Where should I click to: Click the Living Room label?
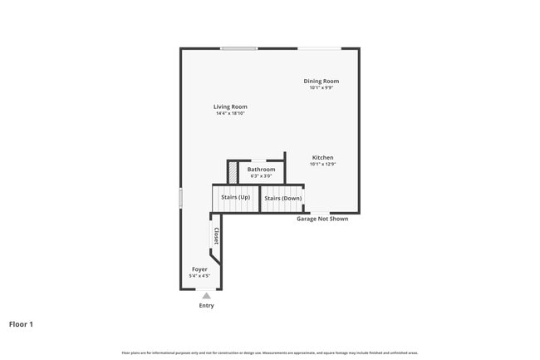(230, 106)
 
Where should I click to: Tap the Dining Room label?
(321, 81)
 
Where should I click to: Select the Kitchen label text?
(322, 157)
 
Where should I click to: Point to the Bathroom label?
(261, 169)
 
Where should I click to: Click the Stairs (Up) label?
(235, 197)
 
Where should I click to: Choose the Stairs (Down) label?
(282, 198)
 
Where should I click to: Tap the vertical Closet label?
(216, 235)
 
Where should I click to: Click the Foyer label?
(199, 269)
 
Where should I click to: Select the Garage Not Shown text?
(322, 219)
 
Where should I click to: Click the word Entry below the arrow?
(206, 305)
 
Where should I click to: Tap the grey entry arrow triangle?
(206, 295)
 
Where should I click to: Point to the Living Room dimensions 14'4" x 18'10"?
(230, 113)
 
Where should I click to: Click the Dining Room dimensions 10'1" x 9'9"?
(321, 87)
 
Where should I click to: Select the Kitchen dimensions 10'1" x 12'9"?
(322, 164)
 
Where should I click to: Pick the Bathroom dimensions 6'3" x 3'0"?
(261, 175)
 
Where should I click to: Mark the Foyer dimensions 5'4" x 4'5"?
(199, 276)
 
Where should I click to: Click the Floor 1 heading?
(21, 323)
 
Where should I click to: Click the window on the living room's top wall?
(238, 48)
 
